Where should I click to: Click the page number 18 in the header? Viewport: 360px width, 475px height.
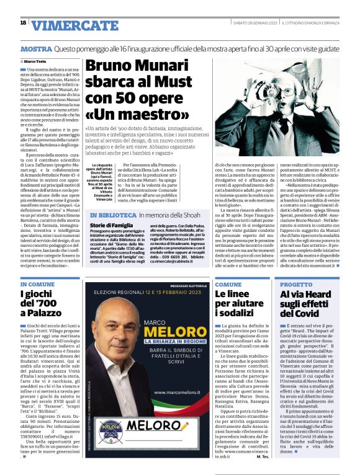tap(23, 23)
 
